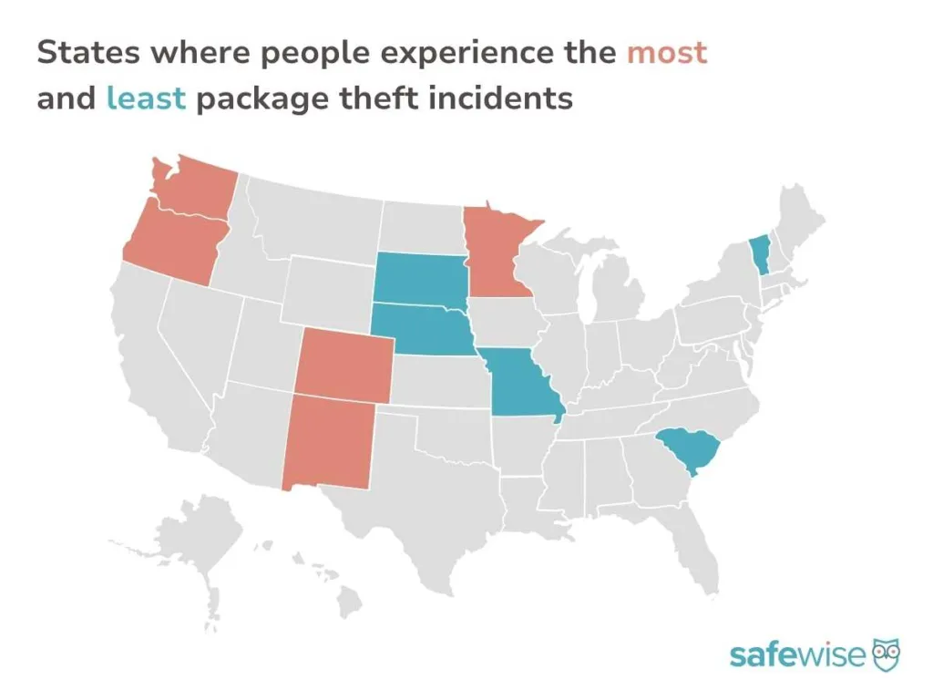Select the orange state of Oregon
click(x=171, y=242)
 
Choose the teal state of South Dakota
click(x=420, y=277)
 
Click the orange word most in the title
click(x=666, y=52)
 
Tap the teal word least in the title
click(x=146, y=98)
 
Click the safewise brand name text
click(x=797, y=654)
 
